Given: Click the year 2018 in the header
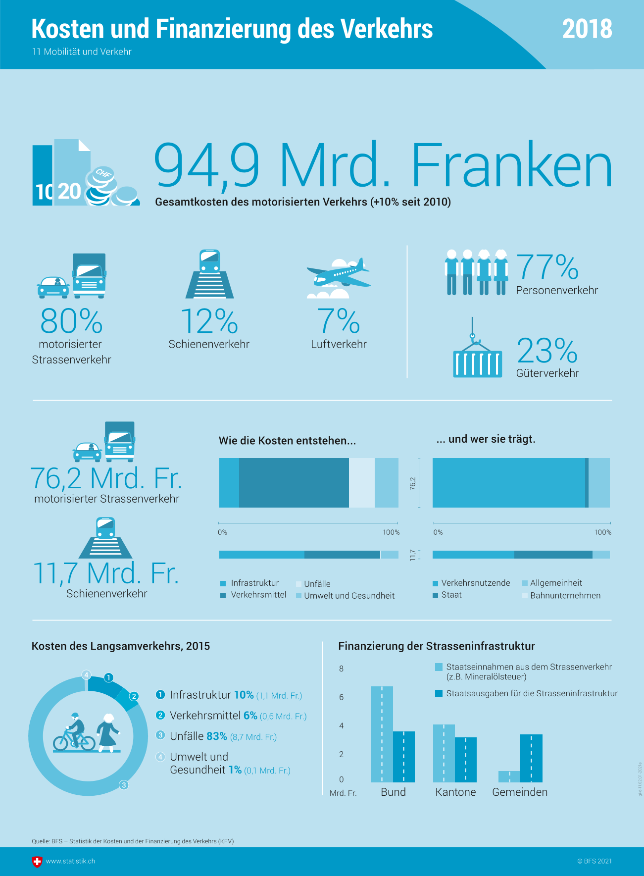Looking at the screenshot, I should click(587, 29).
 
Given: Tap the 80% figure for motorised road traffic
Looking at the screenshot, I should click(71, 321).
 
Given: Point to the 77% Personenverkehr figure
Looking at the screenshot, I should click(547, 267).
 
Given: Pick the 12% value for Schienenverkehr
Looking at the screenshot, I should click(209, 321).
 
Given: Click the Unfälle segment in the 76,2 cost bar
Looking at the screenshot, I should click(361, 483).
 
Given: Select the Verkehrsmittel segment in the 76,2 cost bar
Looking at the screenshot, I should click(294, 483).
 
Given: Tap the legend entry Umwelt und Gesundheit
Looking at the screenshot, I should click(349, 596).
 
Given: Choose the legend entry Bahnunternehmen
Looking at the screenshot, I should click(565, 595).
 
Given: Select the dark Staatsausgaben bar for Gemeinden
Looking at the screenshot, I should click(531, 758).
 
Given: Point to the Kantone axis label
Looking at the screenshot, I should click(455, 792).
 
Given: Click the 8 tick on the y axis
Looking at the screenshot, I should click(341, 669).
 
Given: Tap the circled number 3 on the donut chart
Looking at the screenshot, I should click(124, 785).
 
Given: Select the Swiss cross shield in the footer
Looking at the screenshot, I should click(37, 862).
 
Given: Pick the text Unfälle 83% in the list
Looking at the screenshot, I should click(198, 736).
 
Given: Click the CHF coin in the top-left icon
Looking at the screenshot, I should click(103, 174).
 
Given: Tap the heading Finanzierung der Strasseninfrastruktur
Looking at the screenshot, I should click(436, 646).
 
